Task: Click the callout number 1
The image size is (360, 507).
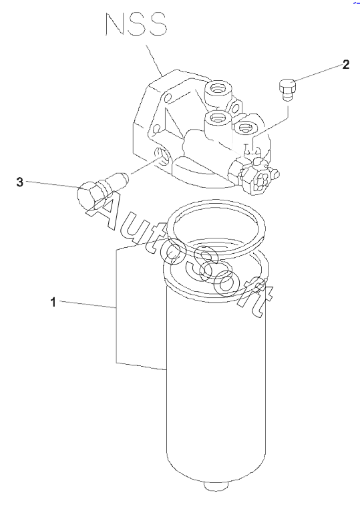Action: click(53, 303)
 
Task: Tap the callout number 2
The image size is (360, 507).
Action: click(346, 64)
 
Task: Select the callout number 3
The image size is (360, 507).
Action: click(20, 182)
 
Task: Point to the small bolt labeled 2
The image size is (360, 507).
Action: click(287, 90)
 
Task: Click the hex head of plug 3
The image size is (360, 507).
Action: click(88, 194)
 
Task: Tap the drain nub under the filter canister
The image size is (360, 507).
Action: click(216, 487)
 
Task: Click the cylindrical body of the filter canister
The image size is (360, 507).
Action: click(216, 381)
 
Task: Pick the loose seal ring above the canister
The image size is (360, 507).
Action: click(218, 227)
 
